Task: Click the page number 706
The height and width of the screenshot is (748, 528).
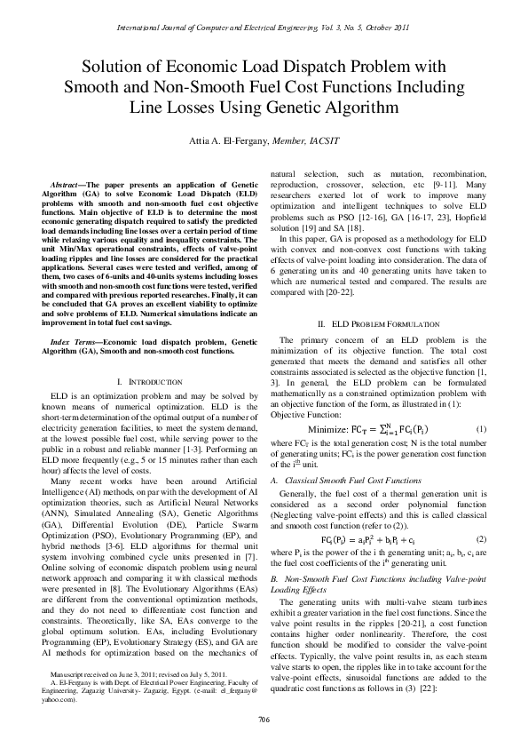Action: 264,719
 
